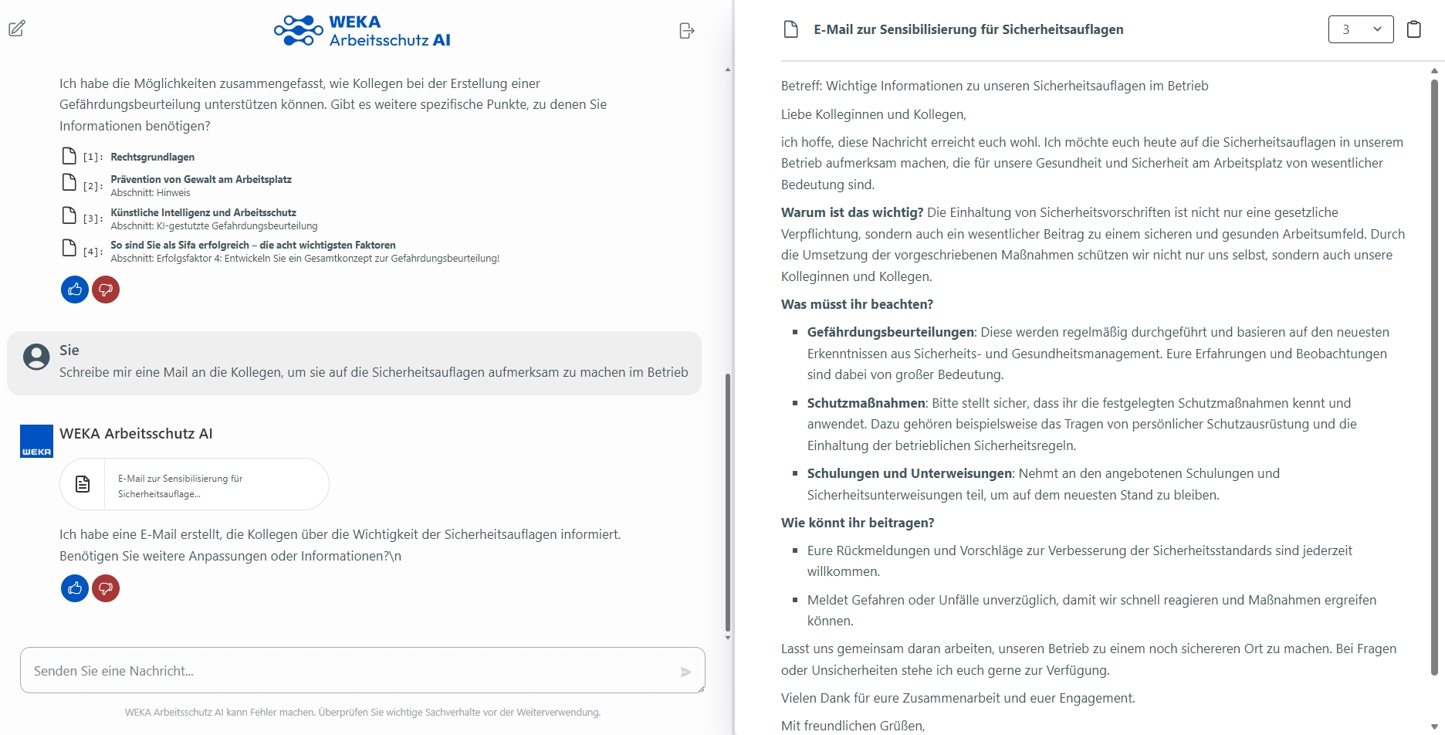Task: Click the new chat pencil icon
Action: pos(17,29)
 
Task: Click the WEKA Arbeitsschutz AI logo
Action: pos(363,31)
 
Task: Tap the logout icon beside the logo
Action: pos(686,31)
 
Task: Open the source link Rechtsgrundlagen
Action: pos(152,157)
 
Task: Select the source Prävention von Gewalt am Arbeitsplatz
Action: pos(201,179)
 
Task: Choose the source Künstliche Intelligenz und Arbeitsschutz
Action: pos(203,212)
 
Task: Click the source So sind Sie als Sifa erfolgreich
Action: pos(252,245)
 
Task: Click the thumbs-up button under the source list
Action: pos(75,290)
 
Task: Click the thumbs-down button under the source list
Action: pos(106,290)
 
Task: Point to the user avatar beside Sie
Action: pos(36,357)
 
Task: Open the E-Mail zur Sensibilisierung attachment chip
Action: pos(195,485)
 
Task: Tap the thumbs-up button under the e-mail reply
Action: pos(75,588)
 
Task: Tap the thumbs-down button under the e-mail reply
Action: pos(106,588)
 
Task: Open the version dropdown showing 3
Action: pos(1360,29)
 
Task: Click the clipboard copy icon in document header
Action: pos(1413,29)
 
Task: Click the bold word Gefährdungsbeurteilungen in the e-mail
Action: pos(890,332)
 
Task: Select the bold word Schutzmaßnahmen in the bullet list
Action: pos(866,403)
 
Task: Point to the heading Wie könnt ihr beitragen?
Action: pos(857,523)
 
